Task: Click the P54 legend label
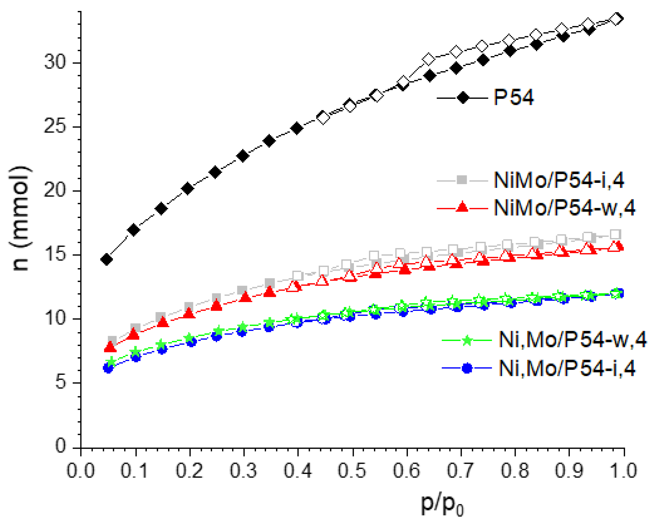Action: coord(514,97)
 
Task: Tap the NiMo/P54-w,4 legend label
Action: coord(564,207)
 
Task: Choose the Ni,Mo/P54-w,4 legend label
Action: coord(572,340)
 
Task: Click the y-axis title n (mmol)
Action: coord(21,218)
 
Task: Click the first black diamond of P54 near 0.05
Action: coord(107,259)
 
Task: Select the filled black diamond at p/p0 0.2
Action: coord(188,189)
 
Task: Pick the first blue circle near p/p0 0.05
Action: coord(108,368)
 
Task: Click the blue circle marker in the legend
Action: coord(467,368)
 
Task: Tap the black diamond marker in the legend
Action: coord(463,98)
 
